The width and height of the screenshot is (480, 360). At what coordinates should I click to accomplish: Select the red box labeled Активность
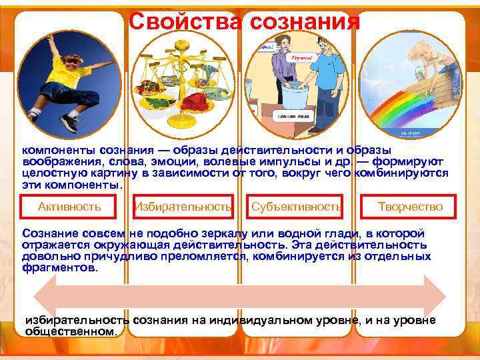click(x=69, y=207)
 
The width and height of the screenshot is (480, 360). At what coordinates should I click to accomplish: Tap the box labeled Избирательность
click(x=184, y=207)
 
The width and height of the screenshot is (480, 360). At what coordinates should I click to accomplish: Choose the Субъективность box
click(x=297, y=207)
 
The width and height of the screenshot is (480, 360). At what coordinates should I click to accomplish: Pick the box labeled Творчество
click(x=409, y=207)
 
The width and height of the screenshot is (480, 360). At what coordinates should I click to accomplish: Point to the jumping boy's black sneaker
click(x=69, y=123)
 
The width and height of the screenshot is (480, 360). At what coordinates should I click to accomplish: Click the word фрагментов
click(x=59, y=268)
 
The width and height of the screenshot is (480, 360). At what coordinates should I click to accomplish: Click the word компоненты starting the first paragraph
click(x=58, y=151)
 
